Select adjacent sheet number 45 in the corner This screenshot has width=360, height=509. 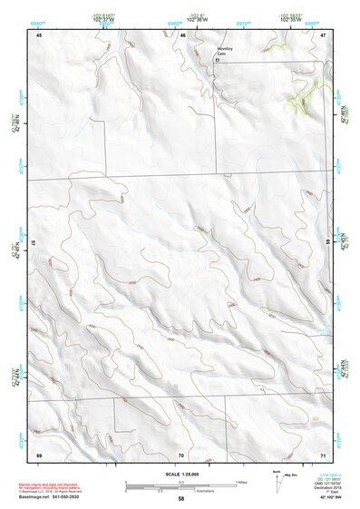click(x=39, y=34)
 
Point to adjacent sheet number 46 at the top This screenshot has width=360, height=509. click(x=182, y=34)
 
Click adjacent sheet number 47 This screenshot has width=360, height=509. click(x=323, y=34)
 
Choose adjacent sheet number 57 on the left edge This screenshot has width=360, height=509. click(x=33, y=243)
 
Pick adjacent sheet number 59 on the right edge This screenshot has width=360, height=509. click(x=328, y=243)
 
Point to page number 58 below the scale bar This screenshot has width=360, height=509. click(x=181, y=499)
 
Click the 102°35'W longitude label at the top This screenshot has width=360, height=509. click(x=290, y=18)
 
